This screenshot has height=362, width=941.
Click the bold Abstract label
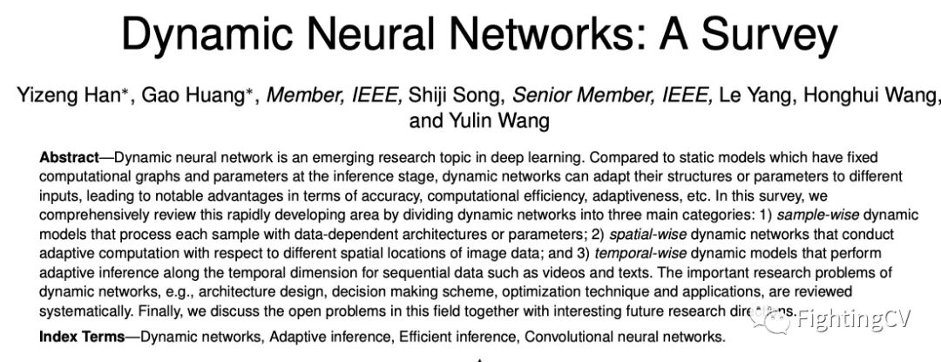tap(70, 159)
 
